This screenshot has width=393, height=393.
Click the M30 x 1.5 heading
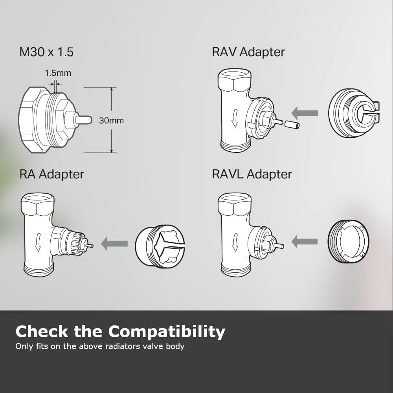tap(46, 52)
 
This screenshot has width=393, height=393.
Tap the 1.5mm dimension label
tap(58, 73)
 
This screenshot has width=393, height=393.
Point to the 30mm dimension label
tap(111, 121)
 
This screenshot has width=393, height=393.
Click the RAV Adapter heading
tap(248, 52)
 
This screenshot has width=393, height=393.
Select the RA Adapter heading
tap(51, 174)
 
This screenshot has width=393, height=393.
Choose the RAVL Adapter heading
tap(252, 174)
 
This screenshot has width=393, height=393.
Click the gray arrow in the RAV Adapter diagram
tap(306, 113)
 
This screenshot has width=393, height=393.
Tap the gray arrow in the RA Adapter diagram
tap(114, 244)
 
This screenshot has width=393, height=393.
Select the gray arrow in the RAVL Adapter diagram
tap(304, 241)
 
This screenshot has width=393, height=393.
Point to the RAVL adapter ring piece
tap(349, 241)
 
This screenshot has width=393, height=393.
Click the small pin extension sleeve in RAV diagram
tap(292, 125)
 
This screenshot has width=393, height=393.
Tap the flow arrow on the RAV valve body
tap(235, 119)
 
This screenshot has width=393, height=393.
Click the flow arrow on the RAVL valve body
tap(235, 242)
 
